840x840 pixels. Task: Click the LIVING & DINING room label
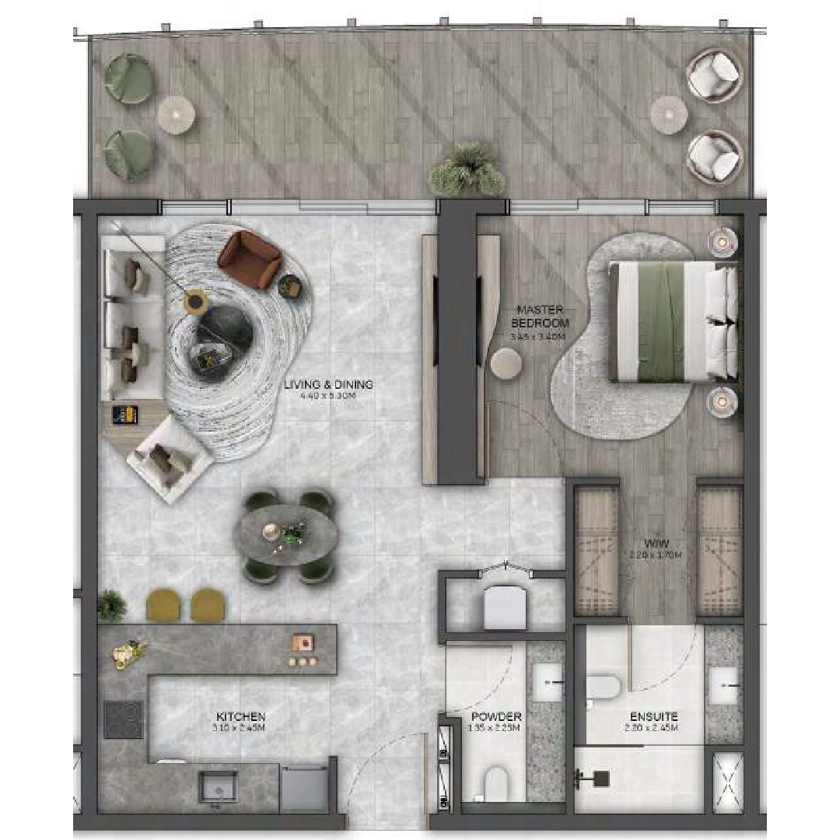(x=328, y=384)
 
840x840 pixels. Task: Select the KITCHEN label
(x=240, y=716)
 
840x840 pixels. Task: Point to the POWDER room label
(x=496, y=716)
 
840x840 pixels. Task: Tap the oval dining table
(x=285, y=535)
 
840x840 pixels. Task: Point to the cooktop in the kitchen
(x=124, y=719)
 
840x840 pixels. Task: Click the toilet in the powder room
(x=495, y=782)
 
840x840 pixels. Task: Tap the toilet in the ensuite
(x=603, y=686)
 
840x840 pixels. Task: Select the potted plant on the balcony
(x=467, y=170)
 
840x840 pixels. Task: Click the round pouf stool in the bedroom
(x=507, y=363)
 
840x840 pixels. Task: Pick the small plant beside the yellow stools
(x=112, y=604)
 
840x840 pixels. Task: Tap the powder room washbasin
(x=548, y=682)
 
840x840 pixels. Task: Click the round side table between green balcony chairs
(x=176, y=114)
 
